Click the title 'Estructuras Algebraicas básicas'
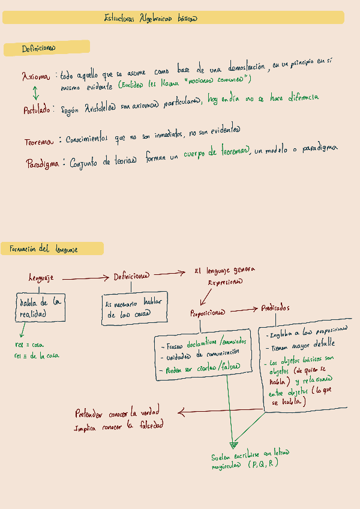point(151,18)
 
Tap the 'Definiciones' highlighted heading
point(39,48)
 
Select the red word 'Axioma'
point(37,77)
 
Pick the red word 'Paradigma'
point(42,163)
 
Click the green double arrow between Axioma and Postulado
point(35,93)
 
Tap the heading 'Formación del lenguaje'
point(43,248)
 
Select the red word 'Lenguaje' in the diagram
point(41,277)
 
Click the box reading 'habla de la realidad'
point(40,307)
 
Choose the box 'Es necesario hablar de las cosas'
point(134,309)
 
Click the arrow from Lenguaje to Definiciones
point(86,278)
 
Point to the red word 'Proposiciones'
point(208,313)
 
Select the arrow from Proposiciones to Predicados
point(243,310)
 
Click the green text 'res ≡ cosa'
point(29,345)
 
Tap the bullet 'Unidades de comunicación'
point(200,356)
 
